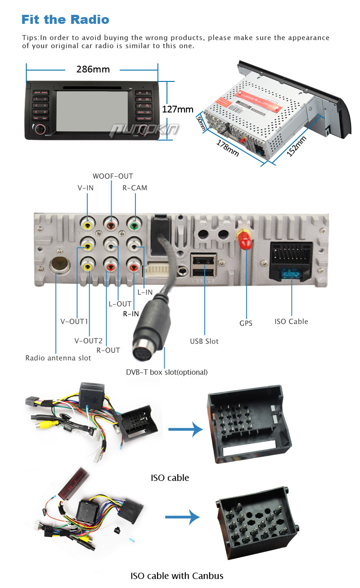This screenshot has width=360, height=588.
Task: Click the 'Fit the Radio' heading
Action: click(65, 20)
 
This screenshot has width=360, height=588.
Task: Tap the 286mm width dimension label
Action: click(93, 69)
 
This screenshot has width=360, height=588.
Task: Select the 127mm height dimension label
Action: click(178, 109)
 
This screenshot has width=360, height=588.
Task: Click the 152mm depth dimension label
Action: click(296, 146)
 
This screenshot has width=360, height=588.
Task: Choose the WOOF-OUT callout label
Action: click(112, 176)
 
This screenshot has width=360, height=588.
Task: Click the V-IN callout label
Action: click(85, 188)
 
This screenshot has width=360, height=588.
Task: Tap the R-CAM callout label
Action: click(135, 188)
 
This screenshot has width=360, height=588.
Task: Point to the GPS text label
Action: click(246, 323)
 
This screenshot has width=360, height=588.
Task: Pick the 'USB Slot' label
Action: click(204, 341)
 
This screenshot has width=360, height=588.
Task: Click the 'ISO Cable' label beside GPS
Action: click(291, 321)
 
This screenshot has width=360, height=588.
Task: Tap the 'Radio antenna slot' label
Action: click(58, 358)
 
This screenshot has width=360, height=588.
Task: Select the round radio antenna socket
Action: click(57, 265)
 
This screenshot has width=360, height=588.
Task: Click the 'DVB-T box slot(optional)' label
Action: click(166, 372)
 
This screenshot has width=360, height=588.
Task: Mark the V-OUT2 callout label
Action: click(88, 340)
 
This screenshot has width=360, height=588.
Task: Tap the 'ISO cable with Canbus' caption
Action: click(177, 576)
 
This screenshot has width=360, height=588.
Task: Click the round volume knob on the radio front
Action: click(40, 129)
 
